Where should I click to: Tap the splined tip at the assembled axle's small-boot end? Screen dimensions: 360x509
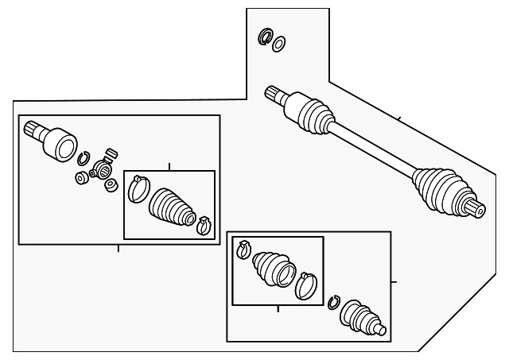pos(274,94)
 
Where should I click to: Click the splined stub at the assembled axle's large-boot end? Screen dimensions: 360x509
pos(477,210)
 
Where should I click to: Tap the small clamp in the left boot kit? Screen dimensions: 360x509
pos(203,225)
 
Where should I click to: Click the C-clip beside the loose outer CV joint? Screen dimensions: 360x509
pos(334,302)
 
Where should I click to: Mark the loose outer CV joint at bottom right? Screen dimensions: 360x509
pos(363,318)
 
